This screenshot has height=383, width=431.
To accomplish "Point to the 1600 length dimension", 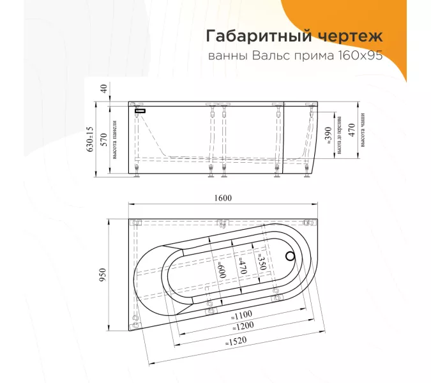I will (x=223, y=198).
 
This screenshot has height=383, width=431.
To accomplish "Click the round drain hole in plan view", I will (x=291, y=257).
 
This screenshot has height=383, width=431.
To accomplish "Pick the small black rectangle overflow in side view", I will (x=140, y=110).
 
